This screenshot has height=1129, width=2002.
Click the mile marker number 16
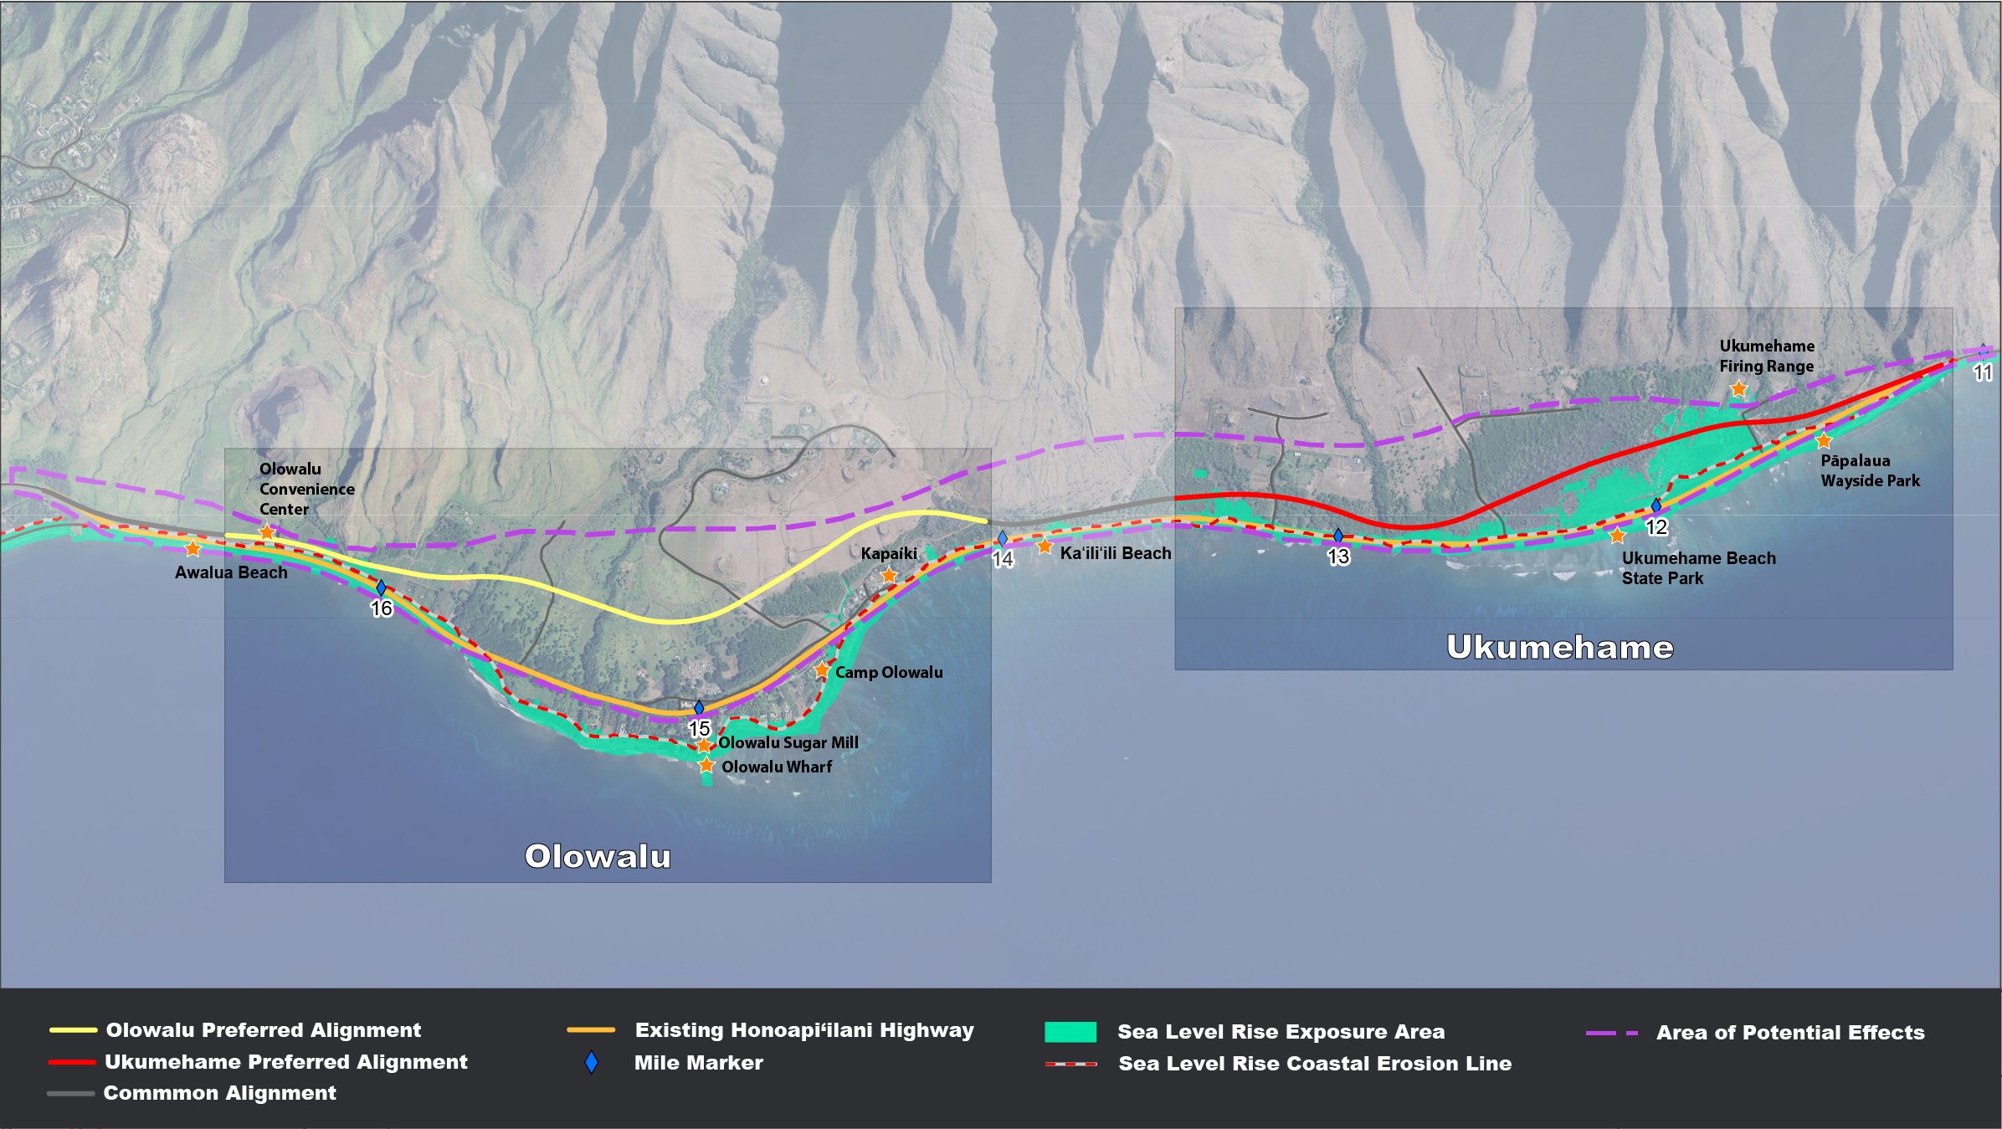coord(382,608)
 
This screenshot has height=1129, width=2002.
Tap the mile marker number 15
coord(700,728)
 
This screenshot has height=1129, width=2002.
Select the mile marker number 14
coord(1003,558)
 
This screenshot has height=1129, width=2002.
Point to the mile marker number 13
coord(1338,557)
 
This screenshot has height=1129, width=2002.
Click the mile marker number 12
coord(1656,527)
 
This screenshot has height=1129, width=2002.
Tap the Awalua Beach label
coord(231,572)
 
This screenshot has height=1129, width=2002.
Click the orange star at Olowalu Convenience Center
coord(267,532)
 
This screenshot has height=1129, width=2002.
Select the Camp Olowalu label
coord(889,672)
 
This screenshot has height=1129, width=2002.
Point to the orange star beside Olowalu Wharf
coord(706,765)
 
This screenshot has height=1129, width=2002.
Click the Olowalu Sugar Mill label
coord(788,742)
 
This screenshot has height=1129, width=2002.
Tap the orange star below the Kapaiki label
coord(889,575)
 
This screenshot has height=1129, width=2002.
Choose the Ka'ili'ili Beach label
coord(1116,553)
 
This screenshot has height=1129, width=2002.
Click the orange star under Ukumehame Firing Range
coord(1738,388)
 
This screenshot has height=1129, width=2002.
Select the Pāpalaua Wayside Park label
coord(1870,470)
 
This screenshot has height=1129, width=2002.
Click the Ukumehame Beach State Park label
coord(1698,567)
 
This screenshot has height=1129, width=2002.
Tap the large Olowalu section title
coord(598,856)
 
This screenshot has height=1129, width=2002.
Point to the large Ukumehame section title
coord(1560,647)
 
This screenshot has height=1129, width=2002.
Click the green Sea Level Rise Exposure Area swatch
coord(1070,1032)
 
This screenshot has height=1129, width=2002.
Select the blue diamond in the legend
coord(592,1063)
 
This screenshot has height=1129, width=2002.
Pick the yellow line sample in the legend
coord(74,1030)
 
